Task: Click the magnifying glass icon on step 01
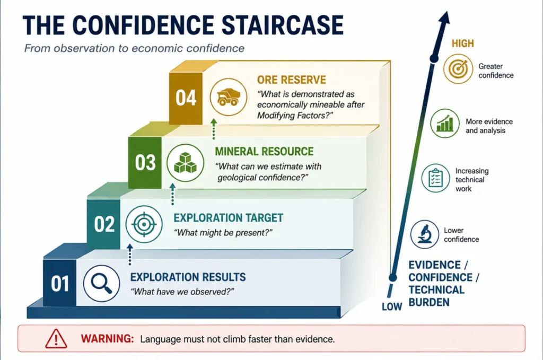pos(101,283)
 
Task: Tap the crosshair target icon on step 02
pos(144,224)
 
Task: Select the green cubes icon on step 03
pos(185,163)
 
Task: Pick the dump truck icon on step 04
pos(228,97)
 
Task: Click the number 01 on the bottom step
pos(60,284)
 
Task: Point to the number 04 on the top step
pos(186,98)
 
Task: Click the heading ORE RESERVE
pos(292,80)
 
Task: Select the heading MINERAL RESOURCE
pos(264,151)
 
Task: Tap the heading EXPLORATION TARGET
pos(228,218)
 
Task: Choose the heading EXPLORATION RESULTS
pos(188,277)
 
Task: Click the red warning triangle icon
pos(56,339)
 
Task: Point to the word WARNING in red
pos(107,338)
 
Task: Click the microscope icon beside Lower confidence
pos(425,234)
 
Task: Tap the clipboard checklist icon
pos(436,178)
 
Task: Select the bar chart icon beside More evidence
pos(445,123)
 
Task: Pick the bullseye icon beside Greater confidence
pos(458,68)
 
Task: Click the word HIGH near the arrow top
pos(462,43)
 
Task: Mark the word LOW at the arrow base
pos(392,306)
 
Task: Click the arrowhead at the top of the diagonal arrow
pos(444,17)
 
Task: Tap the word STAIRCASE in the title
pos(282,25)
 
